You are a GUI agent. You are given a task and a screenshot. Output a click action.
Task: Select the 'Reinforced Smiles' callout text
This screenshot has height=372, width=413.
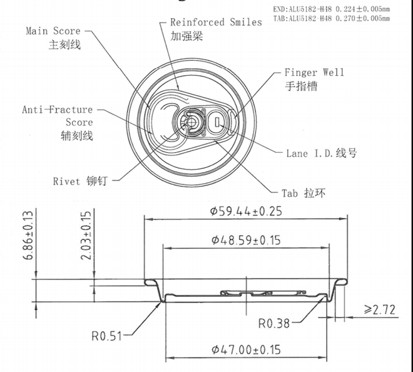(216, 22)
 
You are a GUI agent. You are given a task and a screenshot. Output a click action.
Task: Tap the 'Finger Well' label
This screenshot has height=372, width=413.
(314, 72)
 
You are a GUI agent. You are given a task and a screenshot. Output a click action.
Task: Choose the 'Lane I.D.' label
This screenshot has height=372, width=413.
(310, 153)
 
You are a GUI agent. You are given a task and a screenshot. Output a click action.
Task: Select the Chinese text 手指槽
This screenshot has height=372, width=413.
(301, 86)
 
